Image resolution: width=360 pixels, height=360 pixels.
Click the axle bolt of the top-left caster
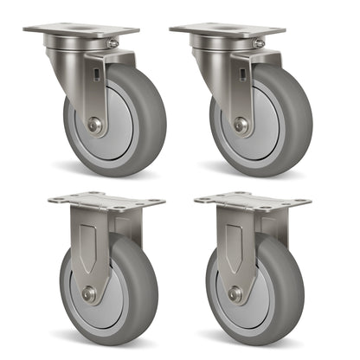[x=94, y=125]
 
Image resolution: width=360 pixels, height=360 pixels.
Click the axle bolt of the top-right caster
[x=241, y=125]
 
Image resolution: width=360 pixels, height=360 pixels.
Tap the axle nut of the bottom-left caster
[x=89, y=294]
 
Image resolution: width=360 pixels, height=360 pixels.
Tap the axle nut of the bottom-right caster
[x=235, y=294]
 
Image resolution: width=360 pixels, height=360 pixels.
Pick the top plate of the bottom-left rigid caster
[x=106, y=202]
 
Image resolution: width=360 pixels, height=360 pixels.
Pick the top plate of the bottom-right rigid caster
[x=252, y=202]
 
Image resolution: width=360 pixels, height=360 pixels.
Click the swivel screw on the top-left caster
[x=112, y=42]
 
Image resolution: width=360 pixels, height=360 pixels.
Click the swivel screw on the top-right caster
[x=259, y=42]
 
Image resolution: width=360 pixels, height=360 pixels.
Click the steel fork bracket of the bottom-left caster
[x=89, y=242]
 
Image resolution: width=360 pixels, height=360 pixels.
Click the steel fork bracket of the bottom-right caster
[x=235, y=242]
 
